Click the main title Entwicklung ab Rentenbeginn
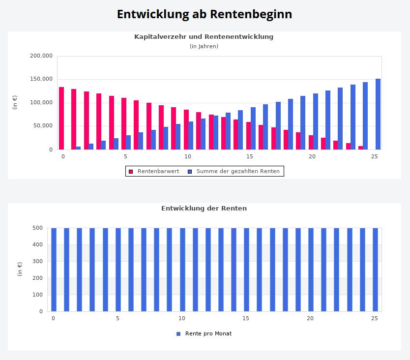pyautogui.click(x=205, y=14)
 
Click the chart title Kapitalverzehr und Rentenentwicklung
pyautogui.click(x=204, y=36)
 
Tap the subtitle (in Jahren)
pyautogui.click(x=204, y=46)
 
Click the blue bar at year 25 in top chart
pyautogui.click(x=378, y=114)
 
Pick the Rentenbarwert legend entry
pyautogui.click(x=154, y=171)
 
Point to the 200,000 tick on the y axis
pyautogui.click(x=41, y=56)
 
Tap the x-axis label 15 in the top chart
pyautogui.click(x=250, y=156)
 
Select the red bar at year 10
pyautogui.click(x=186, y=129)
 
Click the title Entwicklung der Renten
pyautogui.click(x=204, y=208)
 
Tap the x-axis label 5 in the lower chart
pyautogui.click(x=117, y=318)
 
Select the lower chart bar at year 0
pyautogui.click(x=54, y=270)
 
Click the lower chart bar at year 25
pyautogui.click(x=375, y=270)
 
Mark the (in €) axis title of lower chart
pyautogui.click(x=20, y=269)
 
